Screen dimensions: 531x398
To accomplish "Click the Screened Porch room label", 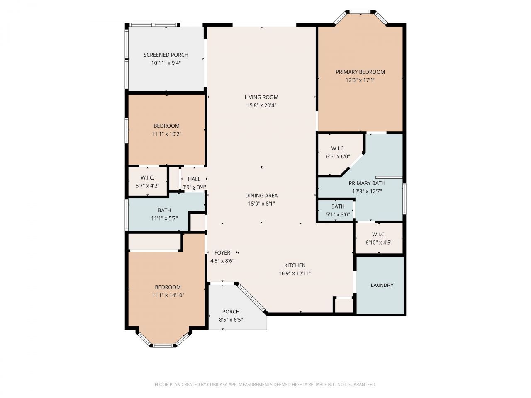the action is (x=166, y=55).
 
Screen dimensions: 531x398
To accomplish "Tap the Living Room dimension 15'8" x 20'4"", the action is (x=261, y=105).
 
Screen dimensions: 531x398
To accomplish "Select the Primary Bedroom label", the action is (x=360, y=72).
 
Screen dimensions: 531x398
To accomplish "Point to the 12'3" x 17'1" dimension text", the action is (x=360, y=80).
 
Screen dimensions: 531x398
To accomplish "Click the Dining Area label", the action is (x=261, y=196).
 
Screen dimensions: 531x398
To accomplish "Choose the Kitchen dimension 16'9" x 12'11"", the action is (x=295, y=273).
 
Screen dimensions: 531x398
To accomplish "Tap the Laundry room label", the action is (x=382, y=285).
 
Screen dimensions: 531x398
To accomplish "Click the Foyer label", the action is (x=222, y=253).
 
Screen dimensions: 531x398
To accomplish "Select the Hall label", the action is (x=194, y=179).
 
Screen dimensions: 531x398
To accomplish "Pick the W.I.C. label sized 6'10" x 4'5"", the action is (x=379, y=234).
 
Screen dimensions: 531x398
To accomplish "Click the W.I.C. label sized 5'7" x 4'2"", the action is (x=147, y=178).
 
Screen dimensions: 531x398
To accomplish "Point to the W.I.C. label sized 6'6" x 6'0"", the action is (x=338, y=148).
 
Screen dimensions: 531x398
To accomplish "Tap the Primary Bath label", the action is (x=367, y=183).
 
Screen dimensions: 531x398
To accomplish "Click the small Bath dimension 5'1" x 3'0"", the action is (x=338, y=214).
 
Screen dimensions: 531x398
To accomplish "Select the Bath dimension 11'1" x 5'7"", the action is (x=164, y=218).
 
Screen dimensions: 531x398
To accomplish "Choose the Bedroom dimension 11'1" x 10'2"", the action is (x=166, y=134).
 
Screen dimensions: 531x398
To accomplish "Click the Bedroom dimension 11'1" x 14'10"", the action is (x=168, y=295).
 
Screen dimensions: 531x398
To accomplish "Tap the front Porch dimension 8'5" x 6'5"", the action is (x=231, y=320).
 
